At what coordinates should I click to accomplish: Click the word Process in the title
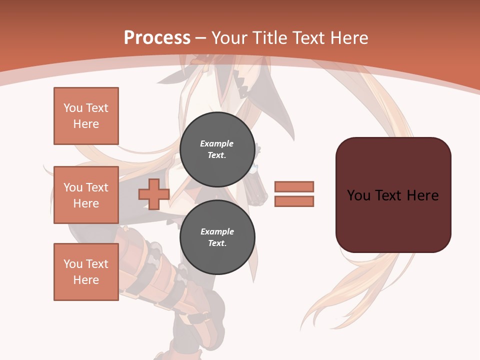tap(157, 38)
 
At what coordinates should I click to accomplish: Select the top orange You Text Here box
tap(86, 116)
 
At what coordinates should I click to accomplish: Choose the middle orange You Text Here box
tap(86, 195)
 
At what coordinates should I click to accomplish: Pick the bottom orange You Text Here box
tap(86, 272)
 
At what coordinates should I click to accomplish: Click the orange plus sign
tap(153, 194)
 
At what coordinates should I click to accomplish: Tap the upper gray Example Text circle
tap(217, 149)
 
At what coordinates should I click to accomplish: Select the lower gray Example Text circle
tap(217, 237)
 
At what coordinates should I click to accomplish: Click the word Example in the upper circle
tap(217, 143)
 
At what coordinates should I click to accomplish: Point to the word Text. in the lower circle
tap(217, 243)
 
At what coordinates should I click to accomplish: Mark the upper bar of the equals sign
tap(294, 186)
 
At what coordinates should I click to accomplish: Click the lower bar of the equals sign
tap(294, 201)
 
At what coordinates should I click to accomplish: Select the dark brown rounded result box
tap(393, 195)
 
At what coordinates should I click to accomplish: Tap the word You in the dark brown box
tap(358, 195)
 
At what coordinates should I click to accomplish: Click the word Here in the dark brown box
tap(422, 195)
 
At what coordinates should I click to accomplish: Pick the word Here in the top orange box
tap(86, 124)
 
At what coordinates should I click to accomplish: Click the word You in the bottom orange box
tap(73, 264)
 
